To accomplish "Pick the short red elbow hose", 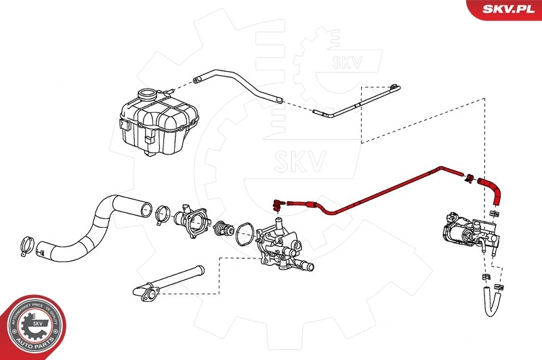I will coord(492,189).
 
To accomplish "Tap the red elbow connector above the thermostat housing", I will coord(277,201).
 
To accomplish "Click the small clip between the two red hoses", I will coord(468,179).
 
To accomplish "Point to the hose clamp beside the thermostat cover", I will coord(163,215).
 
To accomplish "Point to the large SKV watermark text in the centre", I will coord(299,161).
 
